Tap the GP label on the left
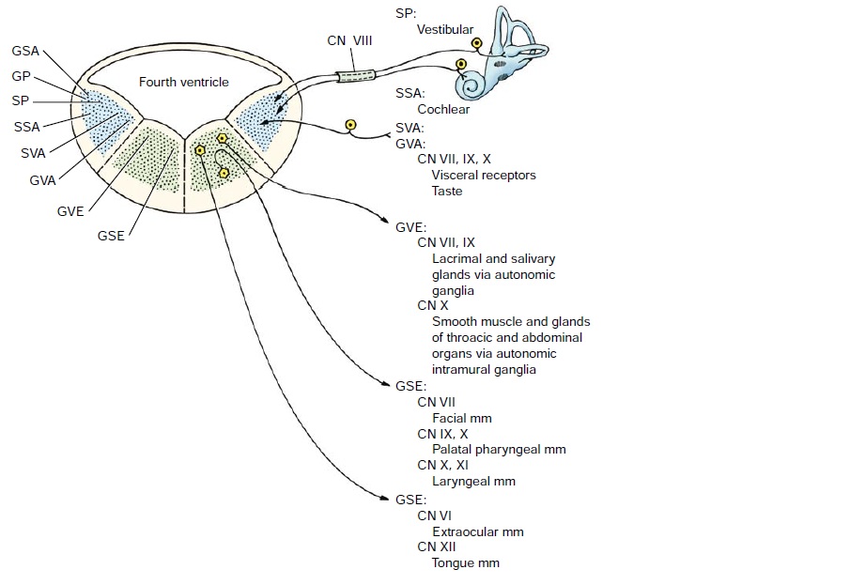(23, 74)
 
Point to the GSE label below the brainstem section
(111, 235)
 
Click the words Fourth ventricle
(184, 83)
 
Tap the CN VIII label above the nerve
(350, 40)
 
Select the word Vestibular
(445, 29)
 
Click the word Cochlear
(443, 109)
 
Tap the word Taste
(447, 192)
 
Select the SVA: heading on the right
(410, 128)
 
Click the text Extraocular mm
(477, 531)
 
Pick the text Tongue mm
(465, 563)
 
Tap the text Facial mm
(461, 418)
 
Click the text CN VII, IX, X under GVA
(454, 160)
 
